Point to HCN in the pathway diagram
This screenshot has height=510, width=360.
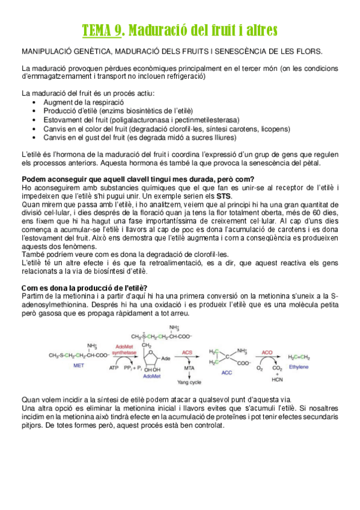pyautogui.click(x=278, y=379)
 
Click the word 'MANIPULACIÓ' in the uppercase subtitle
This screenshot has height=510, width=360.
pyautogui.click(x=47, y=52)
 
